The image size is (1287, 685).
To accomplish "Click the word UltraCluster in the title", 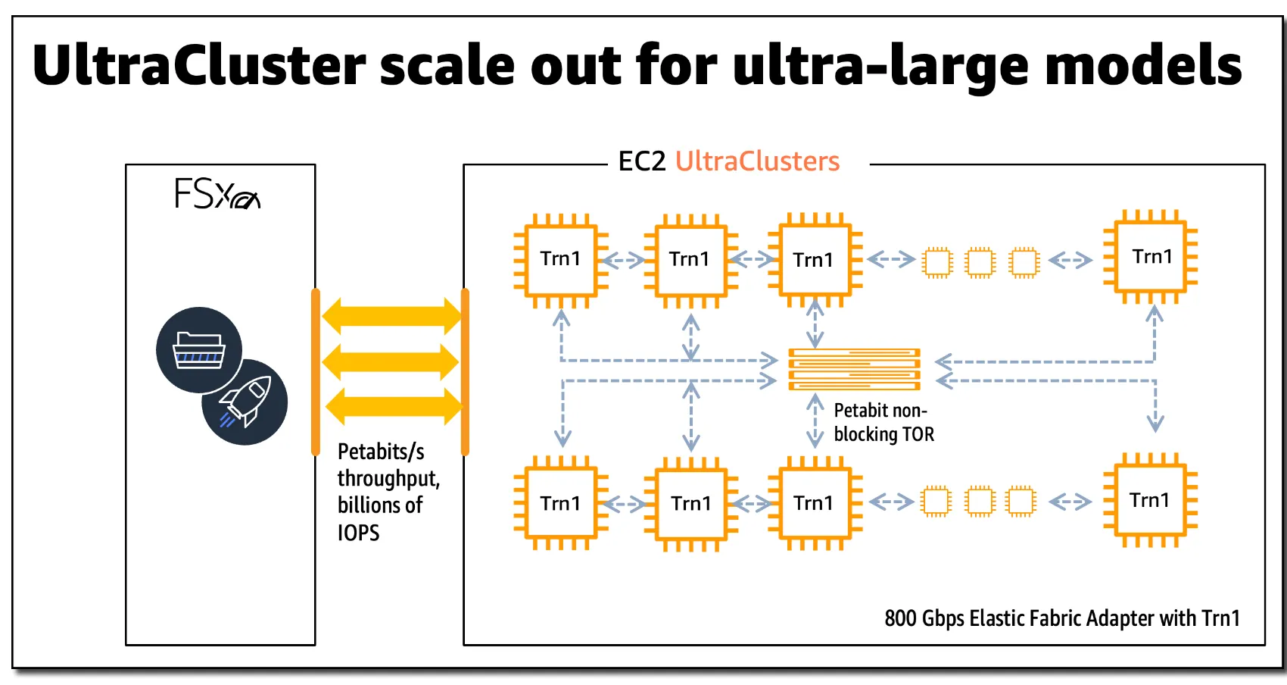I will (199, 65).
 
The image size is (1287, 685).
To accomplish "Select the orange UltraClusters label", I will (757, 161).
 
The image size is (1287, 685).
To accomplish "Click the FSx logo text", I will (217, 193).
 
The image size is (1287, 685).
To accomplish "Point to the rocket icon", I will (245, 402).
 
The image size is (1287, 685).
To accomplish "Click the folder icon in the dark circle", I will (199, 349).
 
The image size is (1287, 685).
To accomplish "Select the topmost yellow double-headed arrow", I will (391, 316).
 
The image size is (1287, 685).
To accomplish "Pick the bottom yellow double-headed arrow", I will (391, 406).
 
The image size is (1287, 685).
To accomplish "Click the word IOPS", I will (358, 533).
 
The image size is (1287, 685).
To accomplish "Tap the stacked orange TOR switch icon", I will (854, 369).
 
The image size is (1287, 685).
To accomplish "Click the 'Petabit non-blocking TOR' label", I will (883, 422).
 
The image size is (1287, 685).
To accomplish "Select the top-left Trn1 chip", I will (560, 259).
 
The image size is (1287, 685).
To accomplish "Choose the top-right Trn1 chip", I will (1151, 257).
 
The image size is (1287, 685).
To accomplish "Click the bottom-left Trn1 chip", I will (560, 503).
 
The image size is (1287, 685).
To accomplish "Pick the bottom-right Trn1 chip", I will (1150, 500).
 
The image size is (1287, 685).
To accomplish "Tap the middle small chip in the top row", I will (980, 262).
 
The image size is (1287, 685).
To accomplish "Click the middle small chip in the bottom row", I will (979, 501).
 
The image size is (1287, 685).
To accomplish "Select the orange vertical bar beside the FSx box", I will (316, 371).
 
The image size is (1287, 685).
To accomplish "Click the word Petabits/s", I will (380, 452).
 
